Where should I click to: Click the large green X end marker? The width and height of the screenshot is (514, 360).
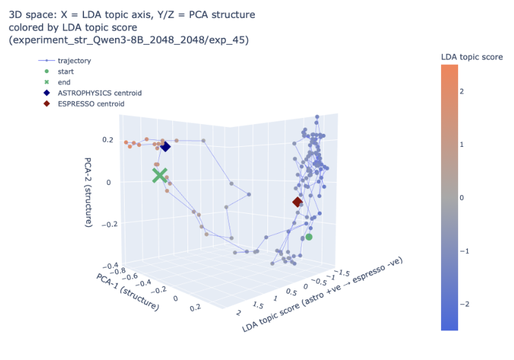coord(160,175)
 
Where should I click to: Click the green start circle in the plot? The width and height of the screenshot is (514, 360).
coord(309,237)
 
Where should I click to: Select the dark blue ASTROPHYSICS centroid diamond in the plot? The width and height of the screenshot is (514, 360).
coord(165,147)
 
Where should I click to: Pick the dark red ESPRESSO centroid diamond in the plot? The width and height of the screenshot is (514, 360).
coord(297,202)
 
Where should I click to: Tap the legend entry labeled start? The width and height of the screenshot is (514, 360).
coord(67,71)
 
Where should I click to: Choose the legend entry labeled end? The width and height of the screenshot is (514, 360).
coord(65,82)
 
